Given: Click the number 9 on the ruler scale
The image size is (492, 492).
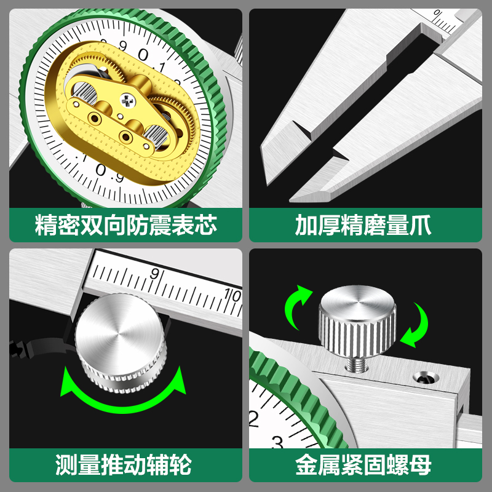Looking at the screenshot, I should click(x=154, y=272).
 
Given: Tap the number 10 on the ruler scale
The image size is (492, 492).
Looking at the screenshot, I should click(x=232, y=295).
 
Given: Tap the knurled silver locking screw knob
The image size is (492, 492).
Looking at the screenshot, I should click(x=356, y=326).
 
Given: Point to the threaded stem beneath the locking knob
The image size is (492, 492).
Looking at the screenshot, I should click(x=355, y=363).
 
